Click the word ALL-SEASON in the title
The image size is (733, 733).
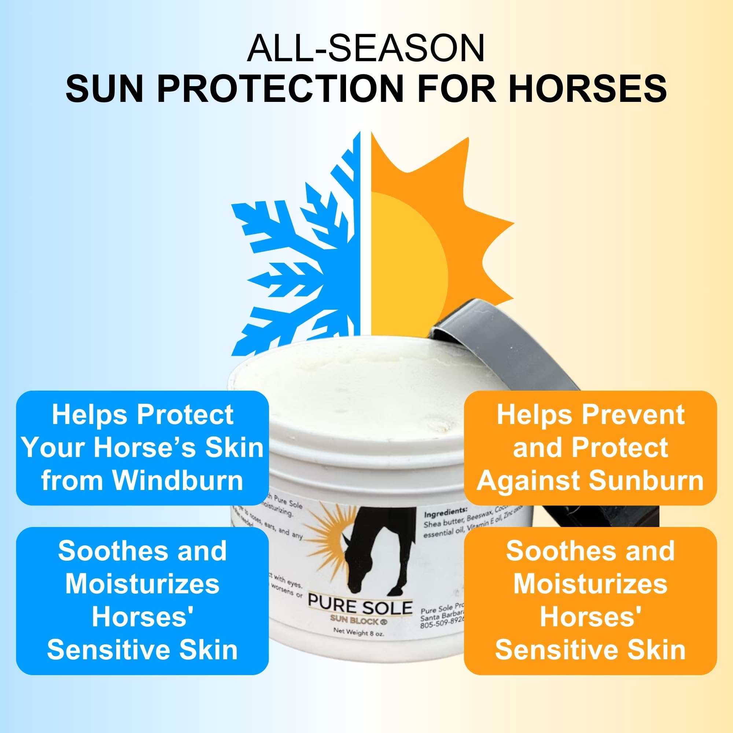366,49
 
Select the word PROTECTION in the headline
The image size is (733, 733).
280,88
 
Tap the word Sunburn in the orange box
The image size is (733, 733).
646,480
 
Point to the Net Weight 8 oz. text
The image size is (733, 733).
358,633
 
